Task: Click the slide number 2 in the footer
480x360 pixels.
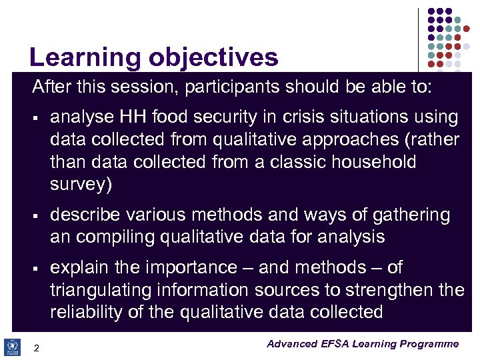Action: click(37, 347)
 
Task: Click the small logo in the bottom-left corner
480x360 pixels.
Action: click(13, 347)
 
